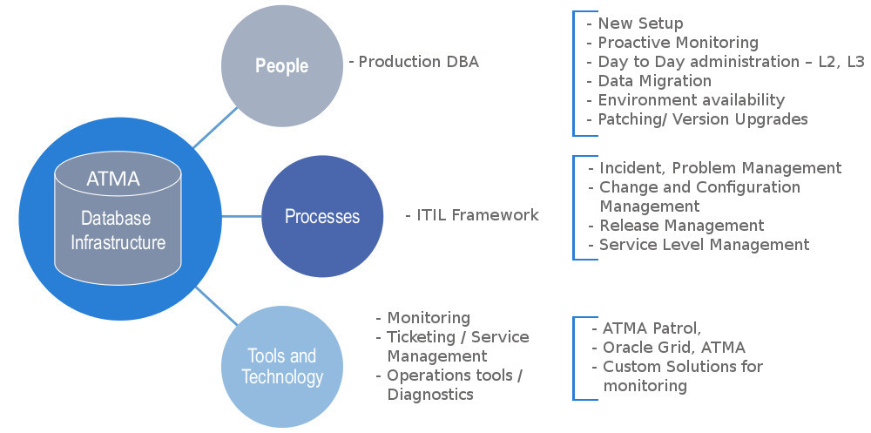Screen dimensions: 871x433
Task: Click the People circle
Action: [x=282, y=65]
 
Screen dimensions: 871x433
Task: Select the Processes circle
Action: [x=322, y=216]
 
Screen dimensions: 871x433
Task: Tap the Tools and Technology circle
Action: [x=282, y=367]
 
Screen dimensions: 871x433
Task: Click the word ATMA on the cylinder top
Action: [x=113, y=179]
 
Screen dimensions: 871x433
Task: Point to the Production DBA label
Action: [x=414, y=62]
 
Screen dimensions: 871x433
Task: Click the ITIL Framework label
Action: [x=472, y=215]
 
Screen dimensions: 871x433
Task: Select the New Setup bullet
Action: [x=635, y=24]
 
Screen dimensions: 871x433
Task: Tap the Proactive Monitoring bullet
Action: [x=672, y=42]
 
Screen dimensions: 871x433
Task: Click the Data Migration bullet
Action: [x=650, y=81]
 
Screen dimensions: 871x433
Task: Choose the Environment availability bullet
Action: [x=686, y=100]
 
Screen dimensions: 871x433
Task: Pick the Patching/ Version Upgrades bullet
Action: [x=697, y=119]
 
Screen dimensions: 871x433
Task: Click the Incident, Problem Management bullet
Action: [x=715, y=168]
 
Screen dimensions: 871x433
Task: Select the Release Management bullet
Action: [x=677, y=225]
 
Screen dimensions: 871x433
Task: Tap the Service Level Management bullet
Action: [x=699, y=245]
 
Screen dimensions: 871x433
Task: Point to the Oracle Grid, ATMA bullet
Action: [x=669, y=348]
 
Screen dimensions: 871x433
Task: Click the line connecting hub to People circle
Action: [x=215, y=128]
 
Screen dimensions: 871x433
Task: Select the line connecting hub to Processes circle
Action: [x=241, y=216]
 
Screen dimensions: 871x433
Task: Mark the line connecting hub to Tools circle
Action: [x=217, y=306]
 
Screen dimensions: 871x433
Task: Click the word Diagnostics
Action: [x=430, y=395]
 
